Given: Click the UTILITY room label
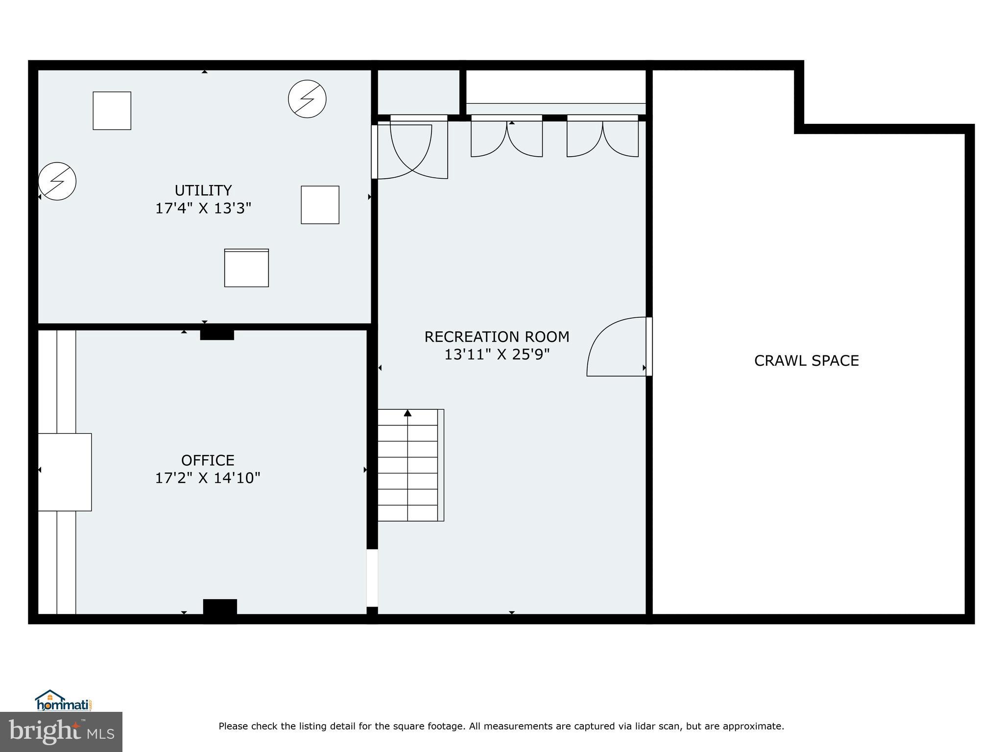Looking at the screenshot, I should [x=203, y=190].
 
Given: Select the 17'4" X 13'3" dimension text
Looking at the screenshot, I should [x=203, y=209].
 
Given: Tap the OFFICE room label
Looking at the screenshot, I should [x=208, y=460].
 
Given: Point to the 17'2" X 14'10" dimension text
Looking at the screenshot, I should [x=208, y=478].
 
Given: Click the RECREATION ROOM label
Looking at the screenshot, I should [x=497, y=337].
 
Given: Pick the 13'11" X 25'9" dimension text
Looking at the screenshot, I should [x=497, y=354].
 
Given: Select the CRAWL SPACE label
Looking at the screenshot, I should [x=806, y=361].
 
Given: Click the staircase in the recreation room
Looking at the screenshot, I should [x=410, y=465].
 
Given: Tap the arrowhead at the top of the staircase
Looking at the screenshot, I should [x=407, y=413].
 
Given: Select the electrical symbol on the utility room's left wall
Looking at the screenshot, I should [x=57, y=181].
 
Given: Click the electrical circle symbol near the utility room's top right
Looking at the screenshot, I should [x=307, y=99].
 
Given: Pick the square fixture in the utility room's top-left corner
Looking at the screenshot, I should [x=112, y=111].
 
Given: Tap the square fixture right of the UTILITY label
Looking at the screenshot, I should [x=320, y=205].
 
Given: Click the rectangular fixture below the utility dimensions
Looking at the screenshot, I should [x=246, y=268].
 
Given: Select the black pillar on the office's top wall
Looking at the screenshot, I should [x=217, y=335].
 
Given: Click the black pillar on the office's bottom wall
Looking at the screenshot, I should [x=220, y=609].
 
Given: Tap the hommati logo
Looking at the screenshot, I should [x=64, y=701].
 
